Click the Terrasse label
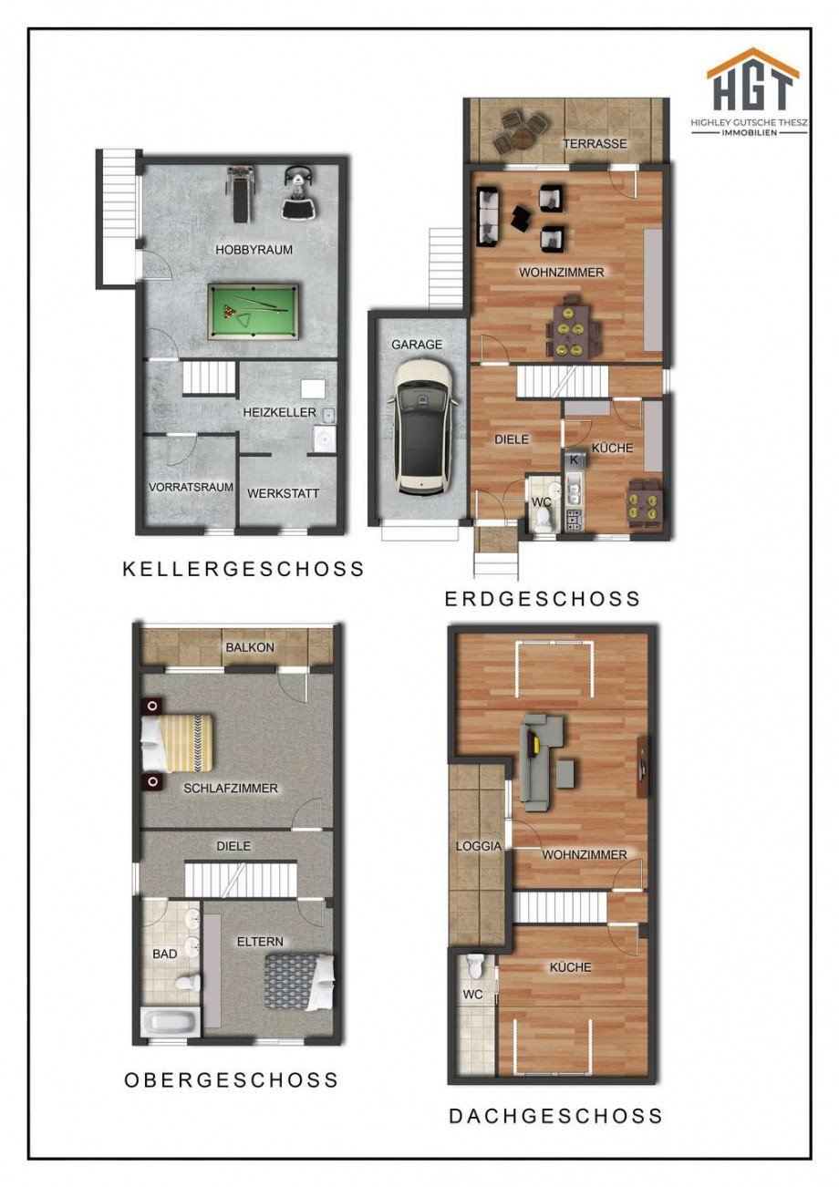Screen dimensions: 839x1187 point(595,144)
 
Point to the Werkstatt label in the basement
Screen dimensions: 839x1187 point(283,493)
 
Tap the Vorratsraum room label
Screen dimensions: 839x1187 point(191,487)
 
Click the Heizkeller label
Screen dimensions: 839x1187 point(279,412)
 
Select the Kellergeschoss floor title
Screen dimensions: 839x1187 point(243,569)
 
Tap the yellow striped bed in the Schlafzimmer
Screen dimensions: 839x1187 point(178,743)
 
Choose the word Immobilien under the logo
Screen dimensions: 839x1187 point(750,132)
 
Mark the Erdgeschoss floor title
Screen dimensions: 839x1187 point(543,599)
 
